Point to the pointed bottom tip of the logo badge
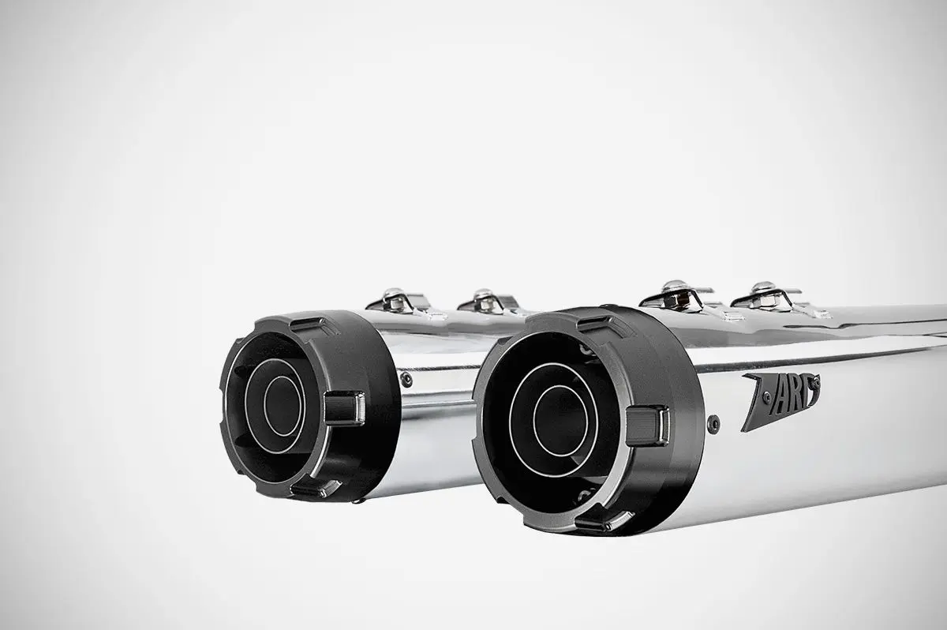pyautogui.click(x=745, y=429)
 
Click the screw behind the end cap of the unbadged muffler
pyautogui.click(x=406, y=380)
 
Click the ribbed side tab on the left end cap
pyautogui.click(x=342, y=407)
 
